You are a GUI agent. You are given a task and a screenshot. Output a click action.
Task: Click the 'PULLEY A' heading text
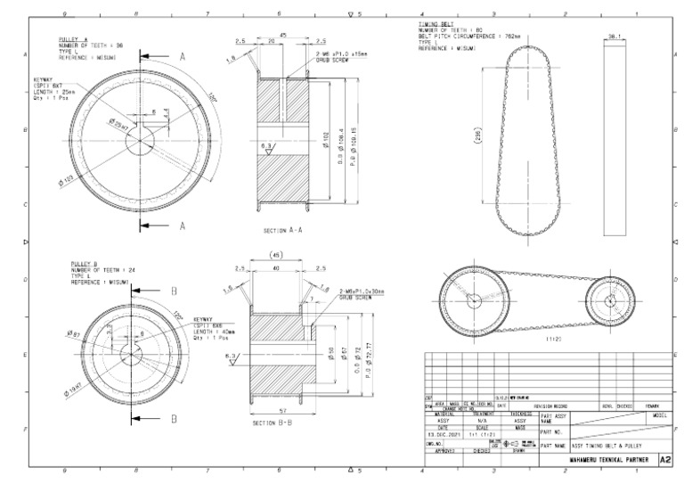click(74, 40)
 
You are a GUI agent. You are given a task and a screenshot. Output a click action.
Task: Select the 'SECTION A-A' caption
click(286, 230)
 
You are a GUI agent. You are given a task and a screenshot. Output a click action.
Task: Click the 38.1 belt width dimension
click(614, 36)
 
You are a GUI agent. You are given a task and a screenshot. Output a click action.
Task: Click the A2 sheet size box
click(664, 459)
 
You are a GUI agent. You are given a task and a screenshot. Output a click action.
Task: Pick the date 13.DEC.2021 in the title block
click(443, 432)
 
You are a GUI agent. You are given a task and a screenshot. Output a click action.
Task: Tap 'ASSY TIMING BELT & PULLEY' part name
click(606, 444)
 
